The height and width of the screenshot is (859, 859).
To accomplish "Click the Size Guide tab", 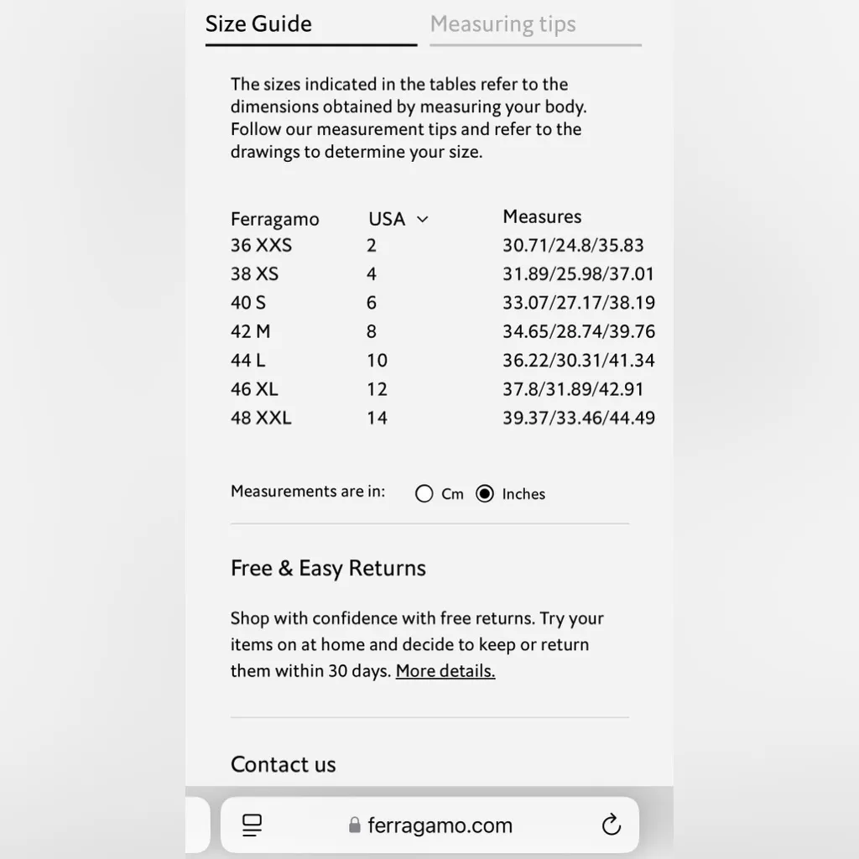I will click(x=258, y=24).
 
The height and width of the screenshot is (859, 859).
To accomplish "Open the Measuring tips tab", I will click(x=502, y=24).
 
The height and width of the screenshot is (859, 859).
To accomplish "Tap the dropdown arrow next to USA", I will click(x=423, y=220).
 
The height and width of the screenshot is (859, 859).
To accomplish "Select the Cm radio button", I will click(x=424, y=494).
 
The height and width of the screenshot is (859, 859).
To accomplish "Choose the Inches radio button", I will click(x=485, y=494).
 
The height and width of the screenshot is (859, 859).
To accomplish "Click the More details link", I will click(x=445, y=671).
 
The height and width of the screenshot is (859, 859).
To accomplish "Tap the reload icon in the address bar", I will click(x=612, y=825).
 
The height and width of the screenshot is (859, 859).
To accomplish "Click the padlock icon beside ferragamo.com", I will click(x=355, y=825).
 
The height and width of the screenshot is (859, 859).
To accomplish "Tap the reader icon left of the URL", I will click(x=252, y=825).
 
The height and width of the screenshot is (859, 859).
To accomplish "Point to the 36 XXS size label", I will click(x=261, y=246).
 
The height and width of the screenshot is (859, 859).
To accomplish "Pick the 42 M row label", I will click(x=250, y=331).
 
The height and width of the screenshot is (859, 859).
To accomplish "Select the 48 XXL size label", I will click(x=261, y=418).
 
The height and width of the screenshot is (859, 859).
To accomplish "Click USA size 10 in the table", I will click(x=377, y=361).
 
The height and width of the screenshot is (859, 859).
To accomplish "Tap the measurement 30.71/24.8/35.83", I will click(x=573, y=246).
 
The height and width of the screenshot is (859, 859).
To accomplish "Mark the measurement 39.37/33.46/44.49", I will click(x=579, y=418).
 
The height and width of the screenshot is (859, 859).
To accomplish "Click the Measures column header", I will click(x=542, y=217).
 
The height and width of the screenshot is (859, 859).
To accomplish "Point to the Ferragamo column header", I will click(x=274, y=220).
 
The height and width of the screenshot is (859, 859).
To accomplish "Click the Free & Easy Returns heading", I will click(x=328, y=569).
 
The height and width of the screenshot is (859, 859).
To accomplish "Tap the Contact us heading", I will click(x=283, y=764).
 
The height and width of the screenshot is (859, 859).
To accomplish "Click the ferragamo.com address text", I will click(x=440, y=825).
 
